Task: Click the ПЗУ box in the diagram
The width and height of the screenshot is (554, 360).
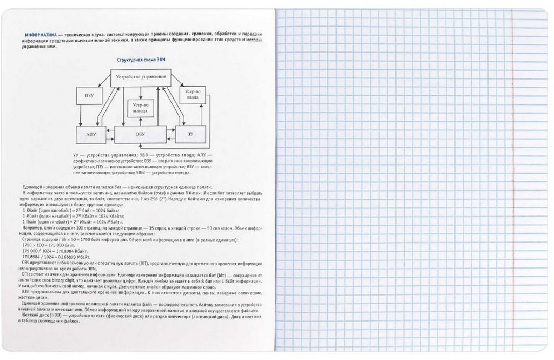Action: coord(89,95)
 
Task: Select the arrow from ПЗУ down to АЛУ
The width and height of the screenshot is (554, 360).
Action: coord(80,114)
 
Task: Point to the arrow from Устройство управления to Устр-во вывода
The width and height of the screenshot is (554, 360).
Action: coord(141,93)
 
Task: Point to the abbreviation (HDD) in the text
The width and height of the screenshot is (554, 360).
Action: coord(51,316)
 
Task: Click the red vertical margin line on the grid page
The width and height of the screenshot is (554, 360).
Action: coord(506,179)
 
